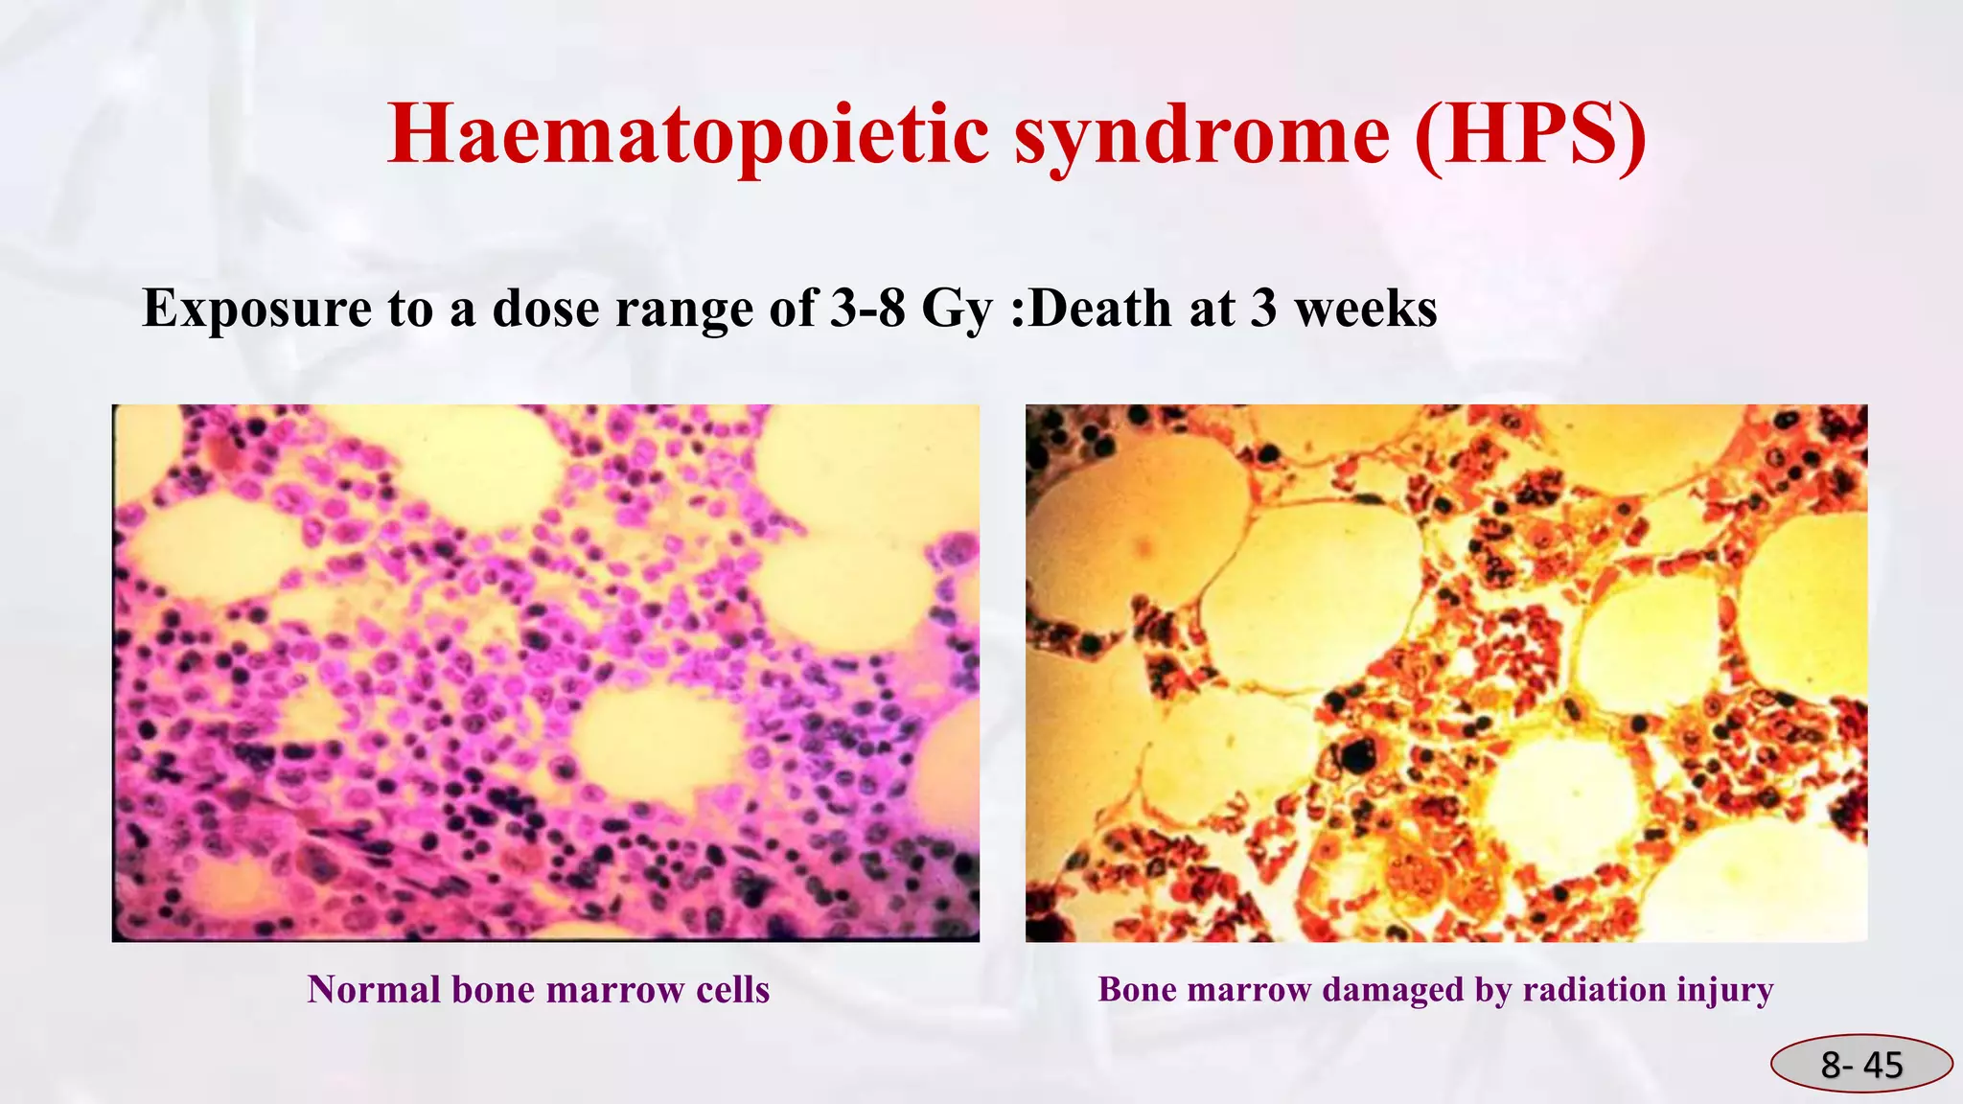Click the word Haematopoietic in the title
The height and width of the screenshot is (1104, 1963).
(688, 134)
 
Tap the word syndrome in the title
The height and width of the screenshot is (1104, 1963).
(1202, 134)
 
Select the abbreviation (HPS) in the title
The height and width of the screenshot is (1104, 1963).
(1531, 134)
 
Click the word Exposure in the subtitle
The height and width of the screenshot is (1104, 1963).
(257, 309)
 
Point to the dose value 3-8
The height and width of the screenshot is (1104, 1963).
(867, 309)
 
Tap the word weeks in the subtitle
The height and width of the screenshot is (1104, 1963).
(1366, 309)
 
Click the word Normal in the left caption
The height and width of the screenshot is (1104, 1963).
(372, 990)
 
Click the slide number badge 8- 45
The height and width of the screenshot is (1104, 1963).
(1861, 1064)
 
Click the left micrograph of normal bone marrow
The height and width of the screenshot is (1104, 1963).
(545, 673)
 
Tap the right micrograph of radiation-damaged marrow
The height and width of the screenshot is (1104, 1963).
(1445, 673)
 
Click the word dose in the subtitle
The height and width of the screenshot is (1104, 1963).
(546, 309)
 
